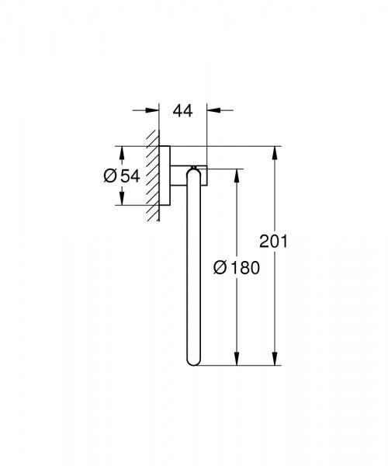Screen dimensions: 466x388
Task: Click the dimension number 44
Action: point(182,111)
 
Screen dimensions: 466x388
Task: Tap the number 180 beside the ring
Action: point(244,268)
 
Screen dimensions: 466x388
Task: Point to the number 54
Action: point(130,176)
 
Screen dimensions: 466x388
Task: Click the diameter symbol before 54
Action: point(110,176)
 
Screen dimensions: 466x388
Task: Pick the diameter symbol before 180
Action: point(220,268)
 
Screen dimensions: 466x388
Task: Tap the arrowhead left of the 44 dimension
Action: point(154,111)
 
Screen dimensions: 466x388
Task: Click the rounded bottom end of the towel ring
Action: point(193,359)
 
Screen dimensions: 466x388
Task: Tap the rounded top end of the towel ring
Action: point(193,170)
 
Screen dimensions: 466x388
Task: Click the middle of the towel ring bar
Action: point(193,264)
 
